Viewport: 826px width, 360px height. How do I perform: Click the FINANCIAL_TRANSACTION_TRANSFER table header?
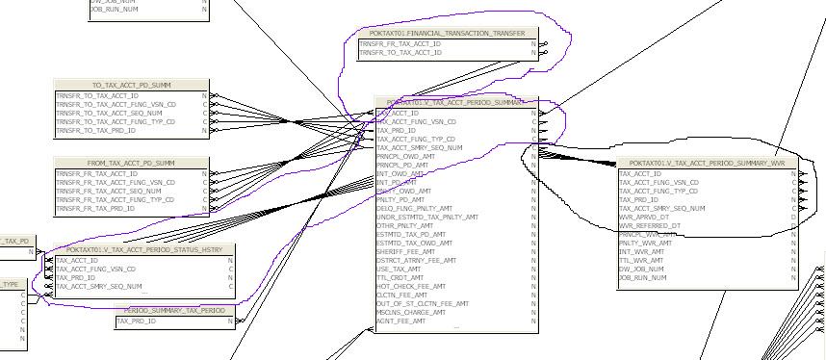(446, 34)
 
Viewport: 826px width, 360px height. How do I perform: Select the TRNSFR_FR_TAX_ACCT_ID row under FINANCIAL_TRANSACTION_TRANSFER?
(400, 44)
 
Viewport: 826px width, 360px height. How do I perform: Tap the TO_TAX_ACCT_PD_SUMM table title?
(131, 86)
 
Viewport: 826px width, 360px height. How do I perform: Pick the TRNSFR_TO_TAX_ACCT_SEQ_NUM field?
(108, 114)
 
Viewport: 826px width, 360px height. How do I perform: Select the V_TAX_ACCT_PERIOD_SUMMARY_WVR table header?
(707, 164)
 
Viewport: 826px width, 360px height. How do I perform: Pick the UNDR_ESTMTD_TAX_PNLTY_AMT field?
(427, 218)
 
